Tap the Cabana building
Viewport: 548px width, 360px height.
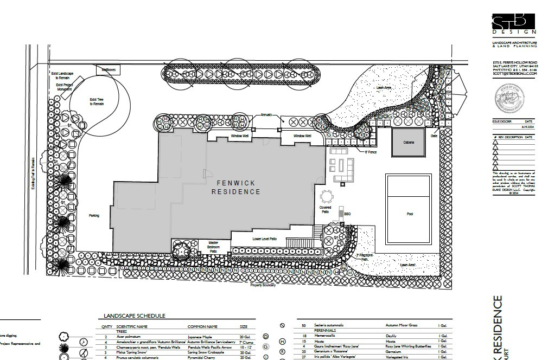point(408,142)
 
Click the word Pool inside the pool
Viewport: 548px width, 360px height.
point(410,214)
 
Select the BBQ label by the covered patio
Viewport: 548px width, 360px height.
point(347,214)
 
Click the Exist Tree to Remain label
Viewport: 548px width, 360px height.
point(97,101)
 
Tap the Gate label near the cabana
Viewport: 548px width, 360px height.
point(434,136)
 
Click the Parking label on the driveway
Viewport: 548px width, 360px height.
point(94,216)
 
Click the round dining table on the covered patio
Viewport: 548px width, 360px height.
point(326,196)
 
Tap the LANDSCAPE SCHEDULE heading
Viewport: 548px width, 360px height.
point(135,316)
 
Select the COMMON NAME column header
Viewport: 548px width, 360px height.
point(202,327)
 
